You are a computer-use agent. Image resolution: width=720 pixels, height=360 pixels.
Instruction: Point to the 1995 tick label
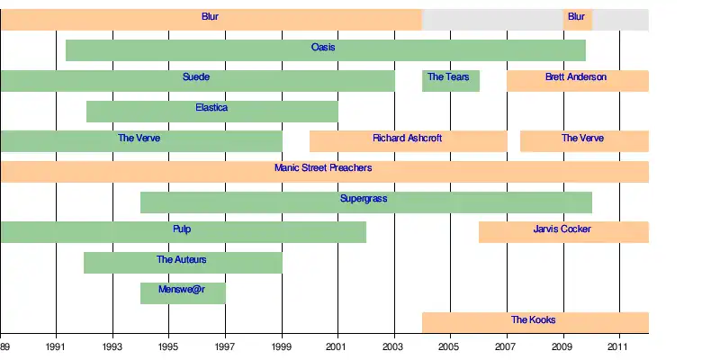169,346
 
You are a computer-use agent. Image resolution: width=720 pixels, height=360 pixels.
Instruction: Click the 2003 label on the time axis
394,346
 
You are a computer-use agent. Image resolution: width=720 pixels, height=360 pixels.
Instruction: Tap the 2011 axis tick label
619,346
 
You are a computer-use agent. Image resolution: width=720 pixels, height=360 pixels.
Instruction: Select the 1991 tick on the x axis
57,346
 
